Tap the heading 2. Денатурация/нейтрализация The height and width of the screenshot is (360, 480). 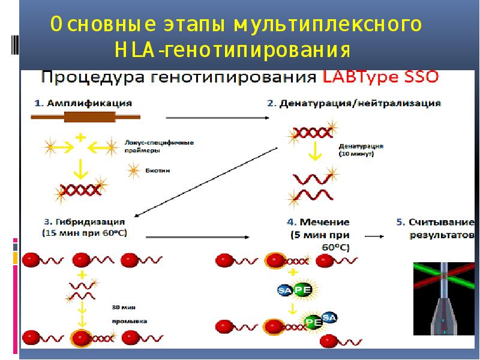tap(354, 103)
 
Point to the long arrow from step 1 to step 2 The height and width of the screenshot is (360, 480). tap(216, 118)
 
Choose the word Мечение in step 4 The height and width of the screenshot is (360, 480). tap(328, 221)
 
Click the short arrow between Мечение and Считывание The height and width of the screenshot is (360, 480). tap(375, 236)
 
